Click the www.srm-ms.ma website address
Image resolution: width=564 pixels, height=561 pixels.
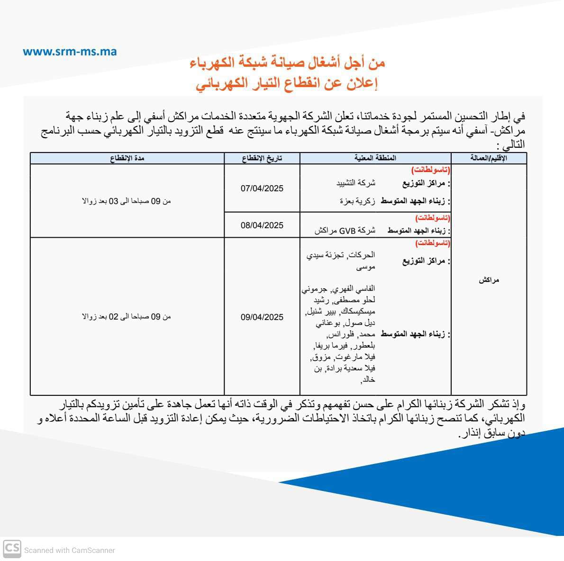tap(70, 52)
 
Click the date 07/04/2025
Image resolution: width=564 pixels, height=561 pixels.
tap(262, 188)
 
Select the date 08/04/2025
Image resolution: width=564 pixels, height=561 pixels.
tap(262, 225)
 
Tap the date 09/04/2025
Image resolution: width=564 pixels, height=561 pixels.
tap(262, 317)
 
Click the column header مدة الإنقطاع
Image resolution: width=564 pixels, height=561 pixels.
tap(127, 159)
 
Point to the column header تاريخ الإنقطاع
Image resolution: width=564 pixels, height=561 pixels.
tap(262, 159)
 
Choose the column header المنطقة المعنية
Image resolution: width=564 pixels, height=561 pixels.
tap(375, 159)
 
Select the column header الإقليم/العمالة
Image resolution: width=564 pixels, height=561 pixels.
tap(489, 159)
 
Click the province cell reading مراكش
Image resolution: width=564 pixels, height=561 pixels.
tap(489, 280)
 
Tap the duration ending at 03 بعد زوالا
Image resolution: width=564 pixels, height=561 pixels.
tap(127, 201)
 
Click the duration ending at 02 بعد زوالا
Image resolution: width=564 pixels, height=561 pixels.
tap(127, 317)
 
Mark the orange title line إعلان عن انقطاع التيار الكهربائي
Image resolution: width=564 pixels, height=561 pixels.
tap(287, 84)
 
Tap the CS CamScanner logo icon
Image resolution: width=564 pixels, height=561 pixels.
tap(12, 549)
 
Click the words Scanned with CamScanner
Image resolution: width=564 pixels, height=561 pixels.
tap(70, 550)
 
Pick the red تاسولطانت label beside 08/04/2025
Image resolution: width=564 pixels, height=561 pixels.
tap(433, 218)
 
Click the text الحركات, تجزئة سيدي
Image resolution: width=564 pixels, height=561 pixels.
tap(341, 256)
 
